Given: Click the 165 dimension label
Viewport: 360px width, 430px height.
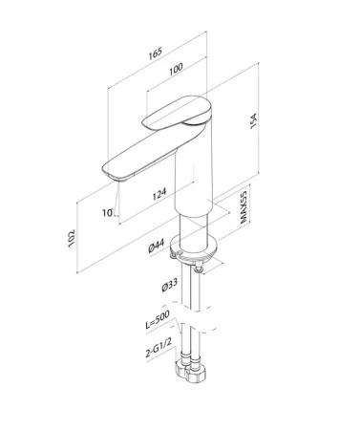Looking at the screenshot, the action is pyautogui.click(x=156, y=54).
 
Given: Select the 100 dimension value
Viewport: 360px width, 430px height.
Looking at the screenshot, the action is pyautogui.click(x=176, y=69).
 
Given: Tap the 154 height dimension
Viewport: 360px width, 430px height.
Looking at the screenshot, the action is pyautogui.click(x=253, y=120).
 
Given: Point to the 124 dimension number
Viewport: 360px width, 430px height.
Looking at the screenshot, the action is pyautogui.click(x=159, y=194).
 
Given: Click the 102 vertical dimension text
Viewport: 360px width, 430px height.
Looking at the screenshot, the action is pyautogui.click(x=72, y=238).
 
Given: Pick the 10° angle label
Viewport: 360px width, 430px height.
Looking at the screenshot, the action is pyautogui.click(x=108, y=212).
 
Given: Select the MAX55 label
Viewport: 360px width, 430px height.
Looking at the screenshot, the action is pyautogui.click(x=244, y=207).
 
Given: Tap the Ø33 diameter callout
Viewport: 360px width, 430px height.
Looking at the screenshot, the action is pyautogui.click(x=170, y=285).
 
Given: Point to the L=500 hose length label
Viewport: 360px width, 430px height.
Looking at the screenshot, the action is pyautogui.click(x=158, y=319).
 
